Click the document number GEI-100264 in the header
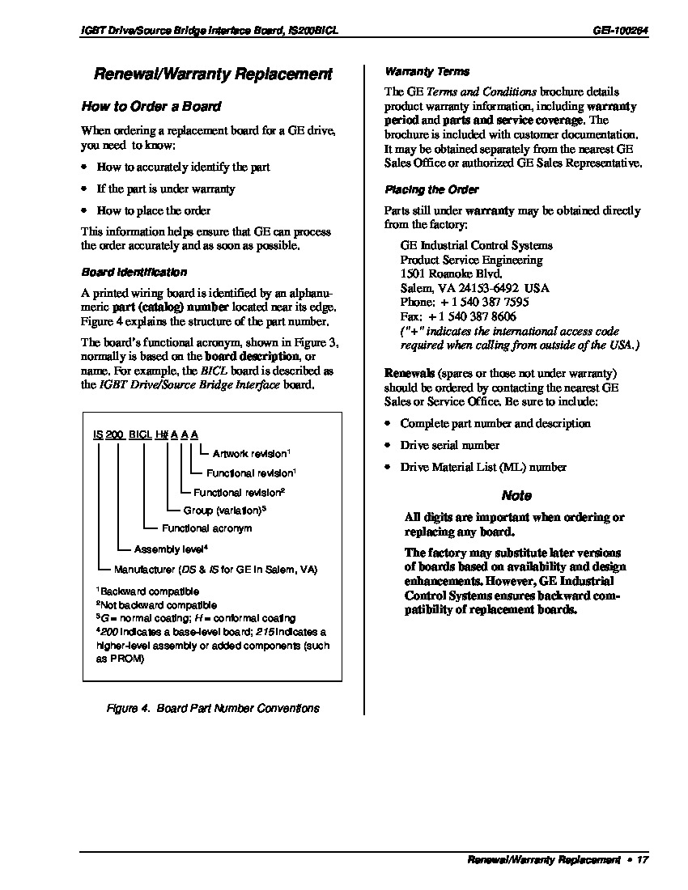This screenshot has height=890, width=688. tap(620, 30)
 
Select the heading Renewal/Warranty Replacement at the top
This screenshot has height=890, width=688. tap(213, 74)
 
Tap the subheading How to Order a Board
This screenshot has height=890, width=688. tap(151, 107)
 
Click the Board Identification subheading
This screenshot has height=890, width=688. tap(134, 273)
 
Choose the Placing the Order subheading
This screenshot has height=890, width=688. tap(431, 190)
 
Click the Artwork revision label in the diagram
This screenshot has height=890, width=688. tap(251, 454)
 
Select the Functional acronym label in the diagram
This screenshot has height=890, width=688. tap(207, 528)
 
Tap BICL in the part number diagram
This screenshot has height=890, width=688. tap(141, 434)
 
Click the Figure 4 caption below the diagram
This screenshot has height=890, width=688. tap(213, 708)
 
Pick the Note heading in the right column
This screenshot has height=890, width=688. tap(516, 496)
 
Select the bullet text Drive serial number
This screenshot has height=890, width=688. tap(449, 446)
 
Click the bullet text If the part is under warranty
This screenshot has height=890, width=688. tap(166, 189)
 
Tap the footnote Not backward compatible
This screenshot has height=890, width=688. tap(158, 604)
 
